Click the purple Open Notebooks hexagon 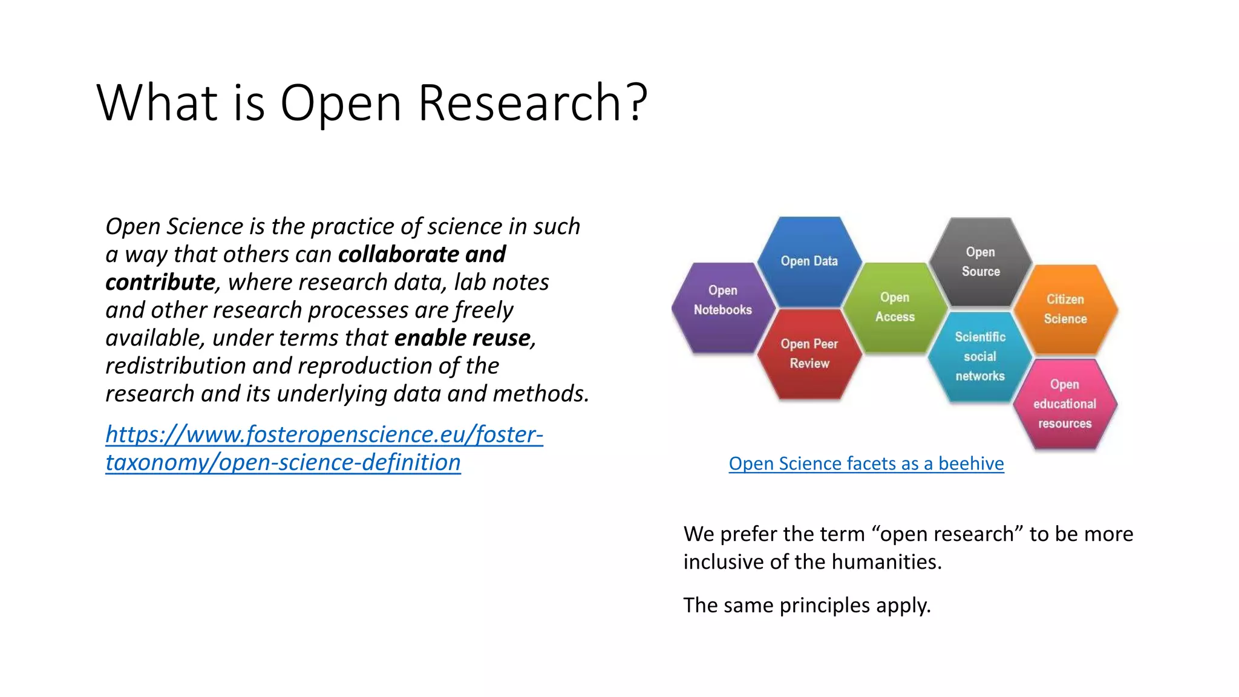tap(723, 307)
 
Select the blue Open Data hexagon tap(809, 261)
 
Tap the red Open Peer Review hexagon tap(809, 354)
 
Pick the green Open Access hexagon tap(895, 307)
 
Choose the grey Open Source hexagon tap(981, 262)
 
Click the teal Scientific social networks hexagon tap(980, 356)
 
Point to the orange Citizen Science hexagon tap(1065, 309)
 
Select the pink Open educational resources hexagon tap(1065, 404)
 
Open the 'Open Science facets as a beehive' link tap(866, 463)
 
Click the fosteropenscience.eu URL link tap(324, 448)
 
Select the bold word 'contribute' tap(160, 283)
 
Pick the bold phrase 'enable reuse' tap(463, 338)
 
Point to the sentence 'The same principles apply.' tap(807, 606)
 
